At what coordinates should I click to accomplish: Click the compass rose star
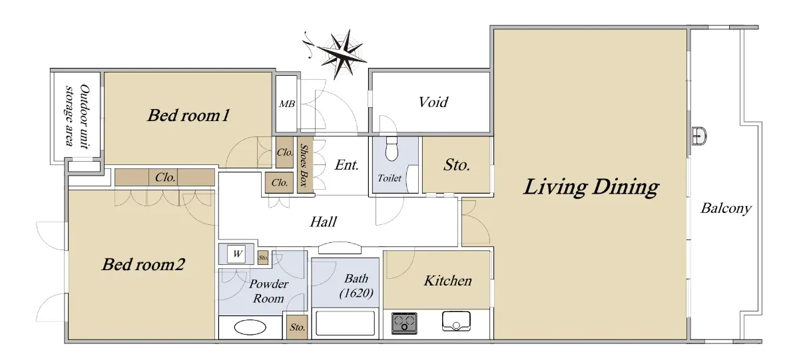(x=342, y=54)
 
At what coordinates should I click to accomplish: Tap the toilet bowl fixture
(x=392, y=148)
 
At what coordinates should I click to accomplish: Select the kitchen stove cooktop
(x=404, y=323)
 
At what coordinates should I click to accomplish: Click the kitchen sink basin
(x=456, y=321)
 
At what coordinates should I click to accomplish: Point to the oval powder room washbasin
(x=250, y=327)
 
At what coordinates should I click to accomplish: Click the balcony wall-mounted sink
(x=700, y=136)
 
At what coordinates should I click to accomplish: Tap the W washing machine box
(x=236, y=254)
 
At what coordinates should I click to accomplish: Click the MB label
(x=287, y=104)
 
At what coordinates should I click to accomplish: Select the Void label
(x=433, y=102)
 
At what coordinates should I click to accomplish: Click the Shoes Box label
(x=304, y=164)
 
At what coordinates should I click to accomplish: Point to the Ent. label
(x=346, y=165)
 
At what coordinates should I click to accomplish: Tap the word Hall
(x=323, y=222)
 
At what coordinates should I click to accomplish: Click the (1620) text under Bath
(x=356, y=293)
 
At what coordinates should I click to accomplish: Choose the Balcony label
(x=726, y=208)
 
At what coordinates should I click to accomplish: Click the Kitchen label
(x=447, y=281)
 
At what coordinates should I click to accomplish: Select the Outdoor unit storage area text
(x=77, y=115)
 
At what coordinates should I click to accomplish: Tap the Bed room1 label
(x=188, y=116)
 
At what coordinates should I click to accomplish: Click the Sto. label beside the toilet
(x=457, y=165)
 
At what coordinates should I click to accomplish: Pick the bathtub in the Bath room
(x=346, y=323)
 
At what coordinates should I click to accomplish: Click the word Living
(x=555, y=188)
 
